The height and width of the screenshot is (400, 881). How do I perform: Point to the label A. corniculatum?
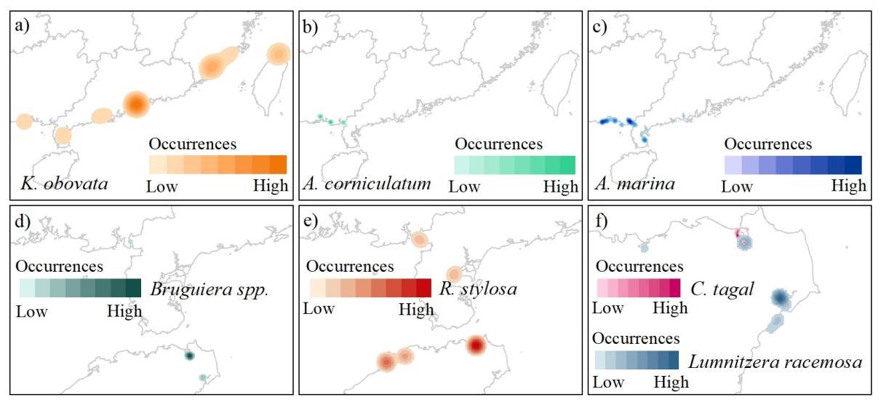coord(367,184)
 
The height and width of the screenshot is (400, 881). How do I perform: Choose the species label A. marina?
coord(634,184)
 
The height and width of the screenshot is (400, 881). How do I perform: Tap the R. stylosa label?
coord(478,289)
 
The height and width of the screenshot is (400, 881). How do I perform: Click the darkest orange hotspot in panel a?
coord(136,104)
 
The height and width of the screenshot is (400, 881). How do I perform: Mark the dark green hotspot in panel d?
coord(189,356)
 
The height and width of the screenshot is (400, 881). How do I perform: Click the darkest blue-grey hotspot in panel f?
coord(781,297)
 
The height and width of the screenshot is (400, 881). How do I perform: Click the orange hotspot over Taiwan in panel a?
coord(277,54)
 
